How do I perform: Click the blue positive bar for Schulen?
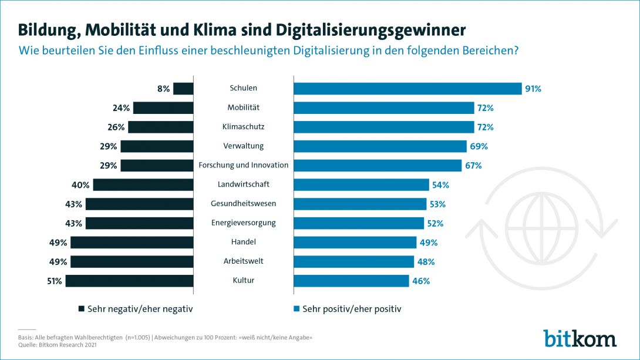click(x=407, y=89)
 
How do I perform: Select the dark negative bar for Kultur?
click(x=129, y=281)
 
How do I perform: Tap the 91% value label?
click(x=533, y=89)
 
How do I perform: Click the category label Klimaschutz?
click(x=243, y=127)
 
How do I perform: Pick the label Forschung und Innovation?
click(x=243, y=165)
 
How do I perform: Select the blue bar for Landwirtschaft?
click(x=361, y=184)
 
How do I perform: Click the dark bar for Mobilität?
click(x=163, y=108)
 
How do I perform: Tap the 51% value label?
click(x=55, y=281)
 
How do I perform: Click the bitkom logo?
click(x=580, y=338)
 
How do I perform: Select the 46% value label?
click(x=421, y=281)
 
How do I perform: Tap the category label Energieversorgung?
click(x=243, y=223)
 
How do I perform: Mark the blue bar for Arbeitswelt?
click(x=353, y=261)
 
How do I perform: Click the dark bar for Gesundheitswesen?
click(x=139, y=204)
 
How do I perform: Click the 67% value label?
click(x=473, y=165)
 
